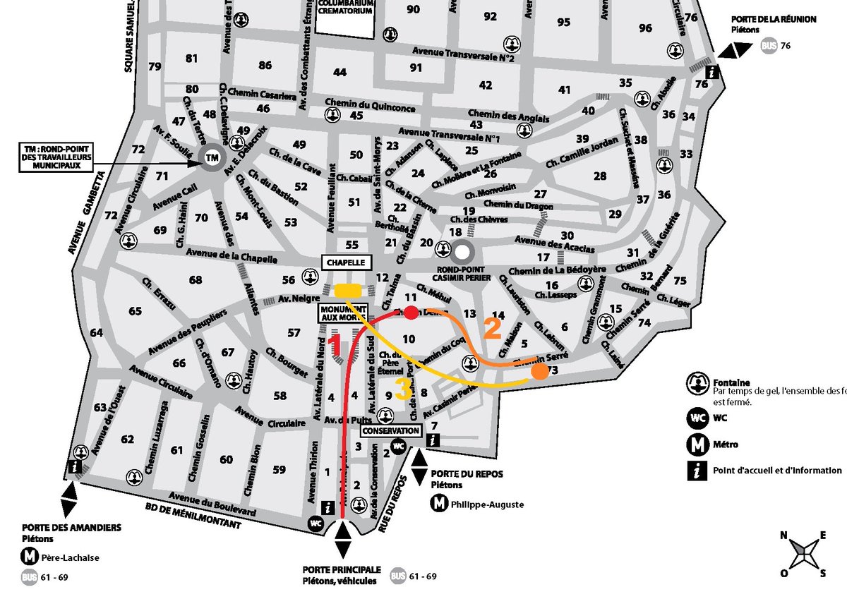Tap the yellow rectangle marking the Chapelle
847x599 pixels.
tap(348, 290)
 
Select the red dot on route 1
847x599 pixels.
tap(410, 313)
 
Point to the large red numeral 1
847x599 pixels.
tap(336, 345)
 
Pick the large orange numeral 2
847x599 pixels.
tap(492, 329)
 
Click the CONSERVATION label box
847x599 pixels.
tap(391, 430)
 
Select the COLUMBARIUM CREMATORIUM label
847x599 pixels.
tap(344, 6)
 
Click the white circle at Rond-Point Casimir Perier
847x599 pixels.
tap(462, 250)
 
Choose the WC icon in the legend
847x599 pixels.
tap(697, 416)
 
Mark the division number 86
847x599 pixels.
tap(265, 66)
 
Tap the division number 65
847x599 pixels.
tap(134, 310)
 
